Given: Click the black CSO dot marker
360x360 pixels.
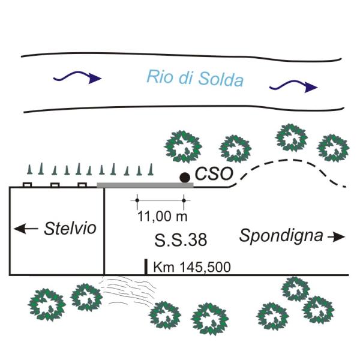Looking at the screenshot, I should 185,177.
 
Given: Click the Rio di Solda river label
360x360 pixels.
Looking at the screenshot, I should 195,78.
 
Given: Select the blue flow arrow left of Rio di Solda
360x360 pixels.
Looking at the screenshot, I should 77,76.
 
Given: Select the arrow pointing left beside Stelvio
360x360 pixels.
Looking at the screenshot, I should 25,229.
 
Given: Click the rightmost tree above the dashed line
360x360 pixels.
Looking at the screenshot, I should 332,148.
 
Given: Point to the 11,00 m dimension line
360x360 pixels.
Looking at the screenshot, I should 160,200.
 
